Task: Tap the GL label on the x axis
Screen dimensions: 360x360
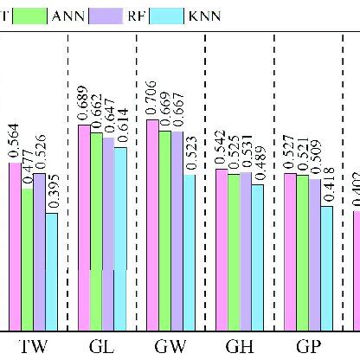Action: [x=102, y=347]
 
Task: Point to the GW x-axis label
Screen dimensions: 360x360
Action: [x=170, y=347]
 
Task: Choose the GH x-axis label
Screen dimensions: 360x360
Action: [x=239, y=347]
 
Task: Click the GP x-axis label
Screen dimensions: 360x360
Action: [x=308, y=347]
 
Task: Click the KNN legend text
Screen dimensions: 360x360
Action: [x=204, y=15]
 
